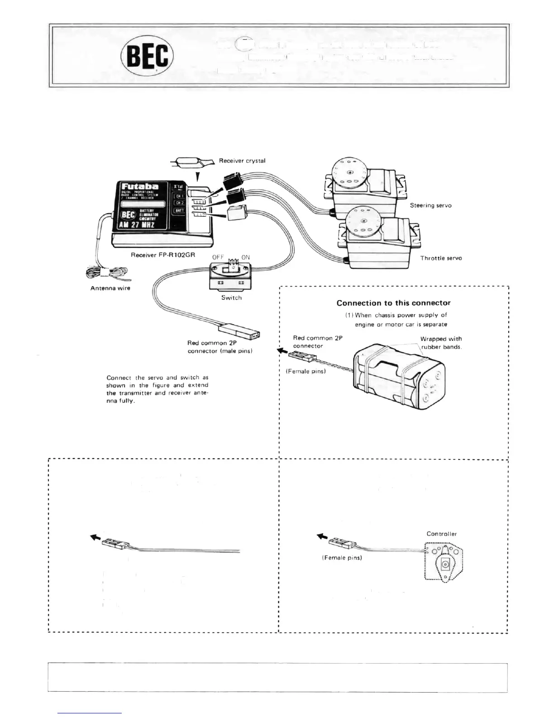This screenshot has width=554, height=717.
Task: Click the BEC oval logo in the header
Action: coord(147,56)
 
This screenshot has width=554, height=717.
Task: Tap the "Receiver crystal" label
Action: coord(242,161)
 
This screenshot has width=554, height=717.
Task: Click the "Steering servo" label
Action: coord(430,206)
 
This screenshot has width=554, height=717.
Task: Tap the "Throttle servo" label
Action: coord(441,258)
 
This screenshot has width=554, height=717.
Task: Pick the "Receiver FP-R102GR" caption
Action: coord(163,255)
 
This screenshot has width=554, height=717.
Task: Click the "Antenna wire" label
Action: coord(110,288)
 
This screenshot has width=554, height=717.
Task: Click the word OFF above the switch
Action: coord(218,257)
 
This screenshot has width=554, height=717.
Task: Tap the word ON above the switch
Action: coord(245,257)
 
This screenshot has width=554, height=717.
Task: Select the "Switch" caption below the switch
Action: coord(231,298)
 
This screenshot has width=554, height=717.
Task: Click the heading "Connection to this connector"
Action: coord(393,303)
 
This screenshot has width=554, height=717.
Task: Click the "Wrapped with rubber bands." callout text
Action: coord(441,343)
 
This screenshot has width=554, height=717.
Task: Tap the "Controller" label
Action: coord(441,534)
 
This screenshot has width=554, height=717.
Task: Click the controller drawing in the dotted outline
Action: coord(444,563)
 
